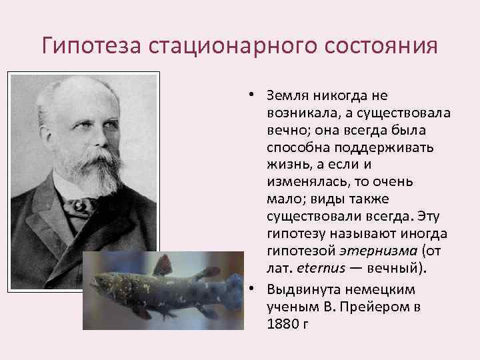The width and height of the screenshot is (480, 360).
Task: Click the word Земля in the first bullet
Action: click(286, 96)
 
